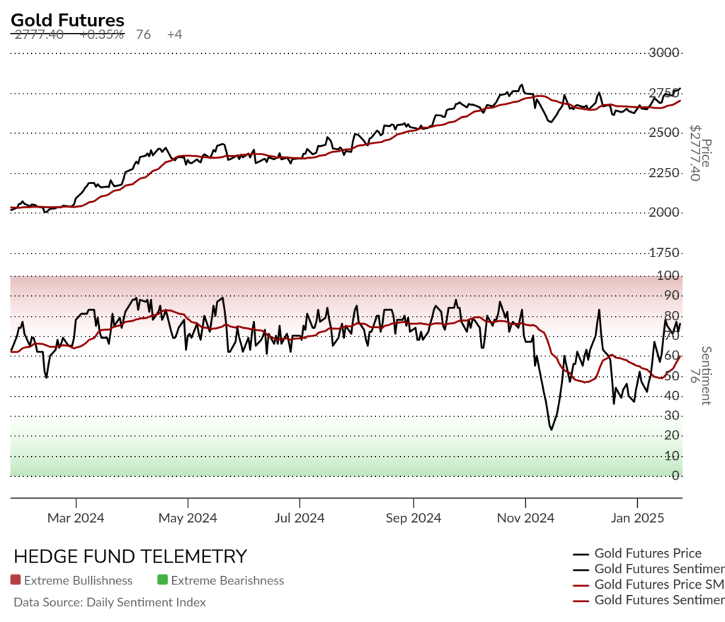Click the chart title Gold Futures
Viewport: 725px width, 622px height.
67,21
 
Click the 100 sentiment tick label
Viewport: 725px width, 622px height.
670,276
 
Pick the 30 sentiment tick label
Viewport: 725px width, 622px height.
673,416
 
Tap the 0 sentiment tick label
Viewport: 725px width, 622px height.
676,476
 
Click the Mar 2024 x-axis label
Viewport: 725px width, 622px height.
76,519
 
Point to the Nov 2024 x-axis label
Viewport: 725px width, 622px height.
526,519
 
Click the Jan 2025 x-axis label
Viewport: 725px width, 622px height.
638,519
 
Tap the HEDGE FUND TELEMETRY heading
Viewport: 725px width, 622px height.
130,556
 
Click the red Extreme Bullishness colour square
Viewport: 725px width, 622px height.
16,581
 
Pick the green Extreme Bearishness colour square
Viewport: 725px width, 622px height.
163,581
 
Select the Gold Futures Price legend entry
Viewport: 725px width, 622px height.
648,553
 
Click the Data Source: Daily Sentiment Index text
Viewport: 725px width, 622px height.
110,603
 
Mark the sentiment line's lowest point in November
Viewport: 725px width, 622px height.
551,429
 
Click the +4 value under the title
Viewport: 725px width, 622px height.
174,34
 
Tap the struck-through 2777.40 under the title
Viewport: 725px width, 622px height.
38,34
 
